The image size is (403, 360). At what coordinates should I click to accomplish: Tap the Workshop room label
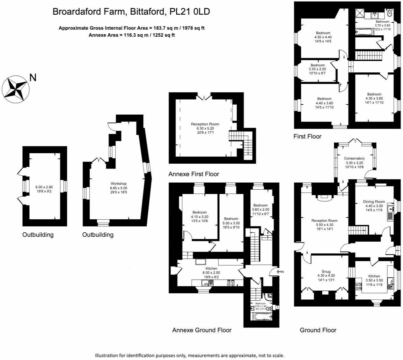[119, 184]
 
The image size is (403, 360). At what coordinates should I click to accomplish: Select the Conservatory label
[354, 158]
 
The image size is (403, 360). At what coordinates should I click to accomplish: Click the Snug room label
[326, 272]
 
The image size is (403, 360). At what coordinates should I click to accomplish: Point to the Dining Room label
[374, 202]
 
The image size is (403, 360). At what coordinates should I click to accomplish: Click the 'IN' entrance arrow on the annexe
[280, 272]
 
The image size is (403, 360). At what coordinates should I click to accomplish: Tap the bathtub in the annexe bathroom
[262, 317]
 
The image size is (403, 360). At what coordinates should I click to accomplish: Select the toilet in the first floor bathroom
[389, 13]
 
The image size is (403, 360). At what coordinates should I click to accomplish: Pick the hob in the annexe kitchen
[231, 283]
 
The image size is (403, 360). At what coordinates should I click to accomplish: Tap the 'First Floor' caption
[307, 137]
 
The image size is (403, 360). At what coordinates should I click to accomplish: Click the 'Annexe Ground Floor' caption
[202, 330]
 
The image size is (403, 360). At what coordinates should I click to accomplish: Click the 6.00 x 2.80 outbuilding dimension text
[44, 187]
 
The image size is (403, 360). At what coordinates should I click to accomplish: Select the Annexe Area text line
[131, 35]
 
